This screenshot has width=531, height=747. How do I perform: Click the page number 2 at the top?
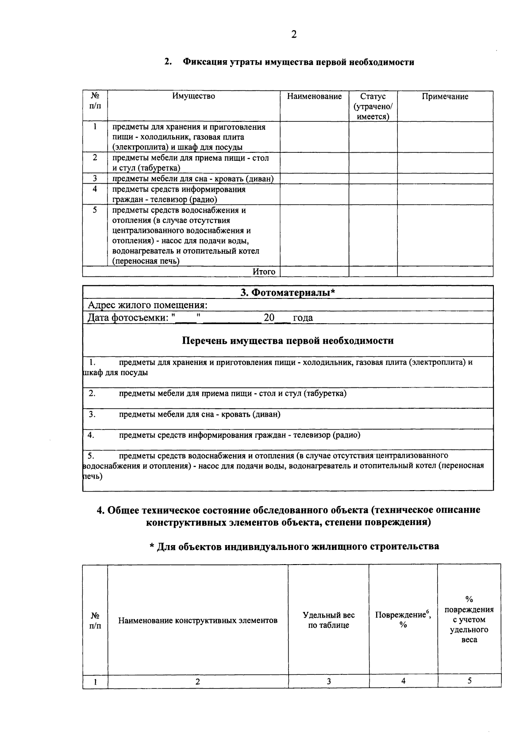(x=294, y=35)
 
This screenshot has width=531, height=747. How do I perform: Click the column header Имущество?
(x=194, y=96)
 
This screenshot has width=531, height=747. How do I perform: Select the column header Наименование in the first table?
(x=314, y=97)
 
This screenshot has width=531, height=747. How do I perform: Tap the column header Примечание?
(x=445, y=97)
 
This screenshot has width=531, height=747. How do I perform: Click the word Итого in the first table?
(x=264, y=271)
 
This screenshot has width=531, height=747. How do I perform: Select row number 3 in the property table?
(x=95, y=178)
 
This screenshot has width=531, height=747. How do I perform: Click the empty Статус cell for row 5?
(x=373, y=235)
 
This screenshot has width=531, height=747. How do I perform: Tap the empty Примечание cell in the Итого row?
(x=445, y=271)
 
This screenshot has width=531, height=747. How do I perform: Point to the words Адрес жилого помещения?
(x=147, y=305)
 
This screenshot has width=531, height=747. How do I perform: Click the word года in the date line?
(x=303, y=317)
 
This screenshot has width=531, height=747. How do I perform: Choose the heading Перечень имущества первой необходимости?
(x=288, y=341)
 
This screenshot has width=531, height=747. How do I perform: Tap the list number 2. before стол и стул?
(x=92, y=393)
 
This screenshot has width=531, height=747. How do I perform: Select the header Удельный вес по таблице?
(x=328, y=620)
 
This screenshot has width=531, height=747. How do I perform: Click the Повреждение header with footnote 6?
(x=403, y=619)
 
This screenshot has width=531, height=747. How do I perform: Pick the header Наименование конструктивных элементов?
(x=198, y=620)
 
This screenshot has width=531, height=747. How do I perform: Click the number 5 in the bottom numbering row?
(x=469, y=681)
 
